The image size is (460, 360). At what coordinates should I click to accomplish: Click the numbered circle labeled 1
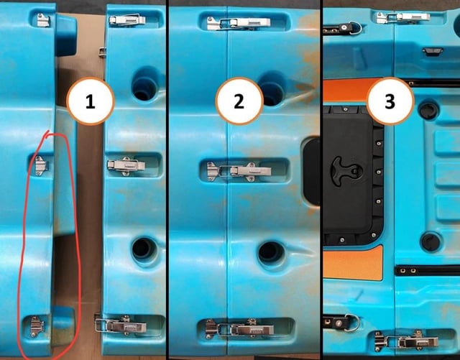91,101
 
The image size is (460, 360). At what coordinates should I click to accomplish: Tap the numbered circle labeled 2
239,101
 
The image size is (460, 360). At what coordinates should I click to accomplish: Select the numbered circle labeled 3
390,101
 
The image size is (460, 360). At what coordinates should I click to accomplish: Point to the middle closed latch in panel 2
239,171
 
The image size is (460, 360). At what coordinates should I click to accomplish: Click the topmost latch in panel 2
238,23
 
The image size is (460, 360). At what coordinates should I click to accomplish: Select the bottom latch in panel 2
239,328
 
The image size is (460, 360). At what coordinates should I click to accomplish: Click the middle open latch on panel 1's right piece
126,166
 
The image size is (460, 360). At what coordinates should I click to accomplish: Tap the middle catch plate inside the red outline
41,165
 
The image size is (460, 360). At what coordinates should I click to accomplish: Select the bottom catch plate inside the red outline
37,326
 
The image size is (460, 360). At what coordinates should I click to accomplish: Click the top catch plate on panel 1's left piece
43,20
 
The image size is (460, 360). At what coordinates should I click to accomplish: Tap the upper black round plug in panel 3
429,111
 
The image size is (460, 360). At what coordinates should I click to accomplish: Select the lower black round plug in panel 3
431,241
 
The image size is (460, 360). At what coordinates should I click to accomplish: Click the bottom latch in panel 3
407,341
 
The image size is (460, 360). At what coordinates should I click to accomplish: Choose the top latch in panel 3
403,17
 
